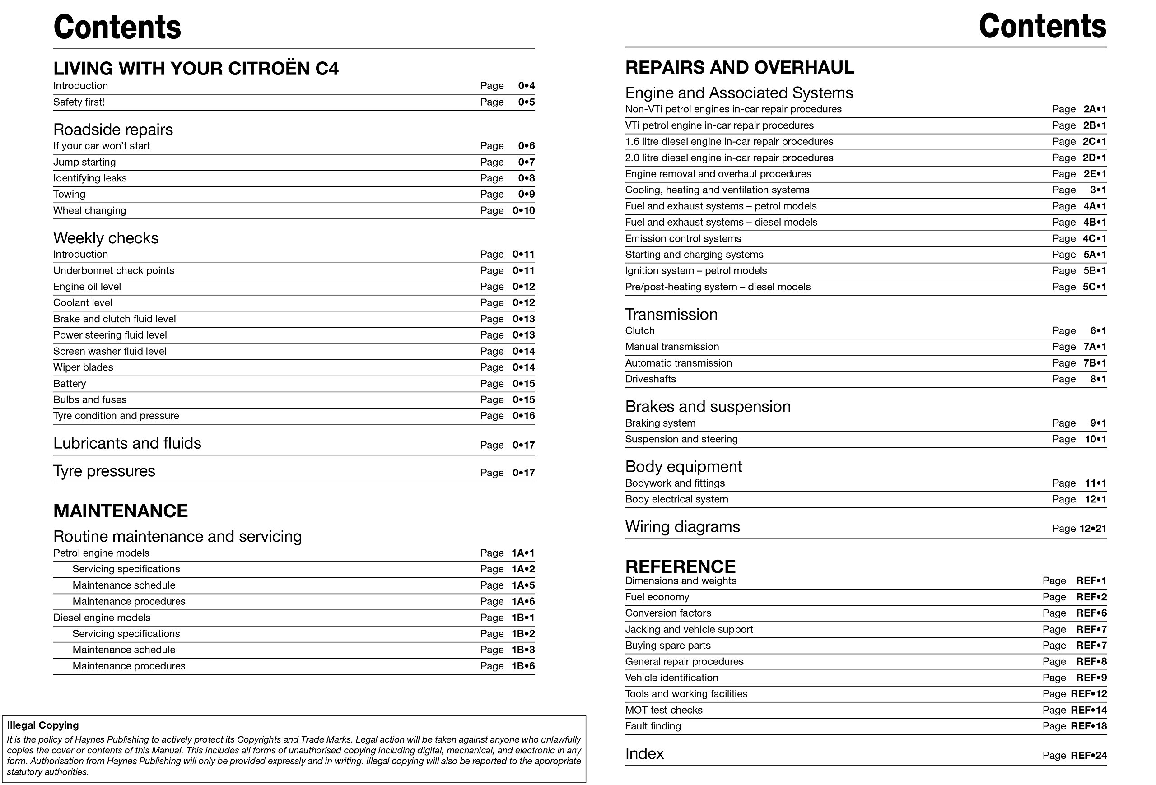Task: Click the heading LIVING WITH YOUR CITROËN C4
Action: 196,69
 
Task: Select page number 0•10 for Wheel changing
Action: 523,211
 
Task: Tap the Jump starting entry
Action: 84,162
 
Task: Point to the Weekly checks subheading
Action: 106,238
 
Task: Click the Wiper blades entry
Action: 83,367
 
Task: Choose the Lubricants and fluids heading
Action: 127,443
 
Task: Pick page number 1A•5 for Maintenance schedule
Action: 523,585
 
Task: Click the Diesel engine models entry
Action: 102,618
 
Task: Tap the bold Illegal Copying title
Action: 43,725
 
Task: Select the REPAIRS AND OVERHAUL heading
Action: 739,68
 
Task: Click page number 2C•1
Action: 1094,142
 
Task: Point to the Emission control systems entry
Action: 682,239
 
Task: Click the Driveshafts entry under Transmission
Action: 650,379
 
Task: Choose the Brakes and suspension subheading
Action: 707,407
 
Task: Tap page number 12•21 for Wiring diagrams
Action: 1092,529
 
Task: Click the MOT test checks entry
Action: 663,711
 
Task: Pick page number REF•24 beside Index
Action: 1088,756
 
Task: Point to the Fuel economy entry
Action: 657,597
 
